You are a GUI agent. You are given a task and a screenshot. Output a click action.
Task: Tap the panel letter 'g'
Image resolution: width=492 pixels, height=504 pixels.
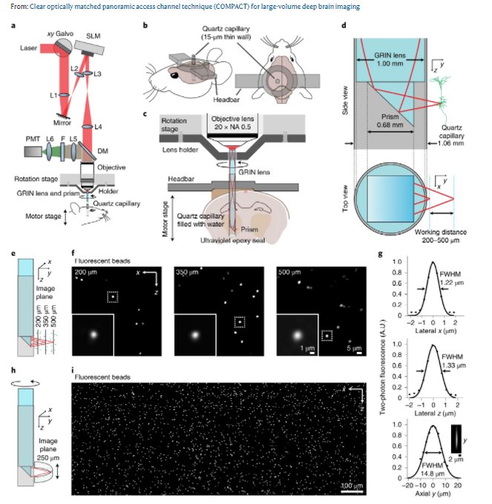(x=381, y=254)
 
